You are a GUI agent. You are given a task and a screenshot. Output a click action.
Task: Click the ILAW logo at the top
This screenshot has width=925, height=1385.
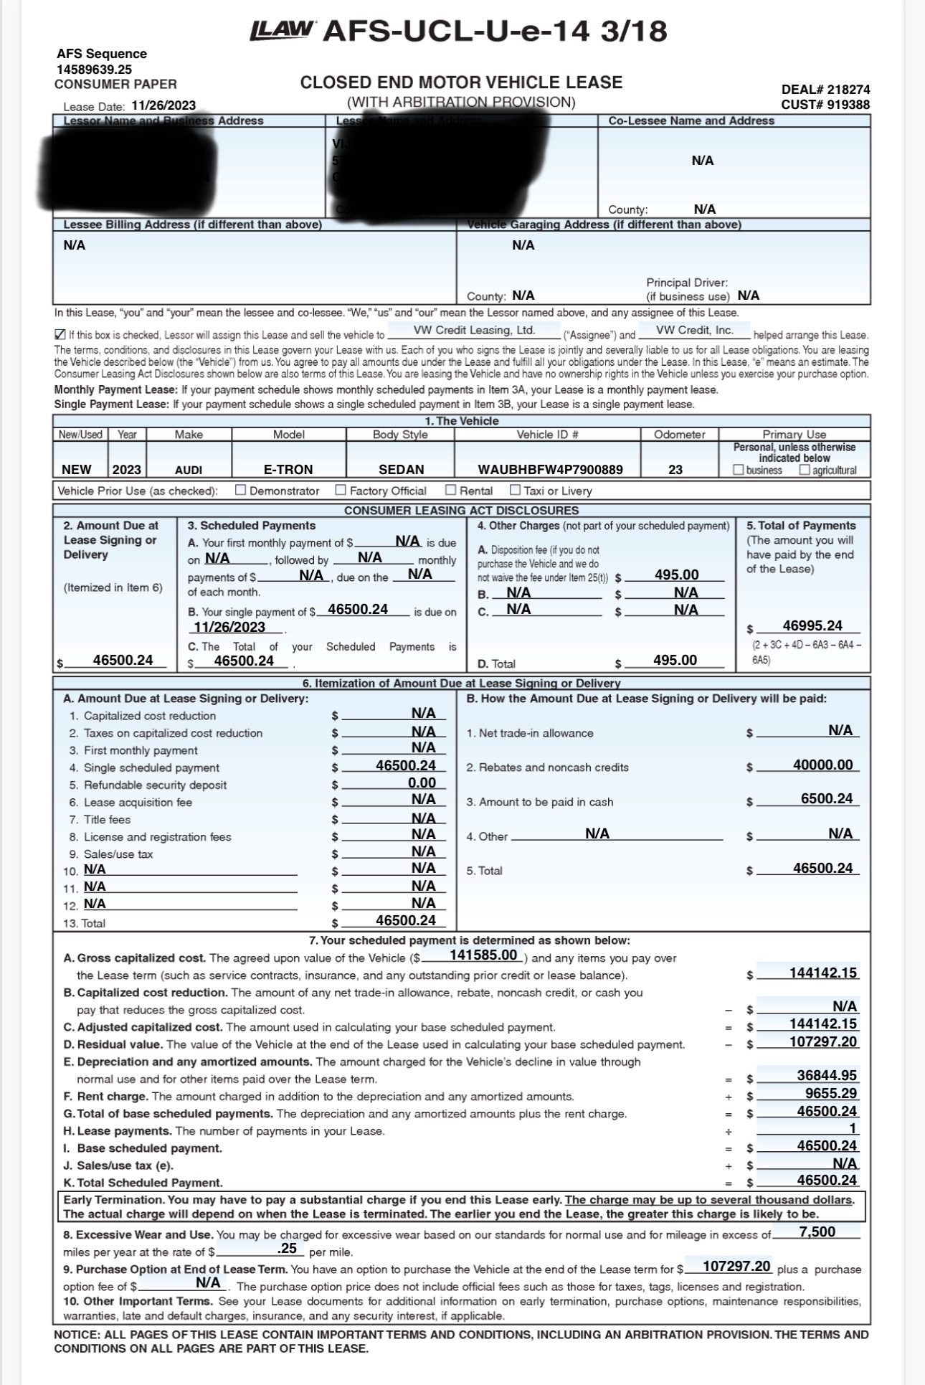coord(282,30)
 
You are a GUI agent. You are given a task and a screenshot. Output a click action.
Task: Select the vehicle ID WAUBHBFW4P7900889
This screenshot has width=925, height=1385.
coord(550,470)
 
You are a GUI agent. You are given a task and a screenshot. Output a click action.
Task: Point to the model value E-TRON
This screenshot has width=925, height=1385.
coord(288,470)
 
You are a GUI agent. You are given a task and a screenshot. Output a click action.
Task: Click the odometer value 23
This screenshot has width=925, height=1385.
coord(675,469)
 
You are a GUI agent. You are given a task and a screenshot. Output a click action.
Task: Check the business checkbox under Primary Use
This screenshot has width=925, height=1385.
coord(738,471)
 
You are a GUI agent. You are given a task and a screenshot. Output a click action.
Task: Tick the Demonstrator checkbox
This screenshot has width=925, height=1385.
coord(241,491)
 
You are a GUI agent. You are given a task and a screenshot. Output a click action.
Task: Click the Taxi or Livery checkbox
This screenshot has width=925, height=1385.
coord(515,491)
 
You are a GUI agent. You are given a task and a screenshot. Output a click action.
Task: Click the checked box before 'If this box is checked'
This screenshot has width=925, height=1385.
coord(60,335)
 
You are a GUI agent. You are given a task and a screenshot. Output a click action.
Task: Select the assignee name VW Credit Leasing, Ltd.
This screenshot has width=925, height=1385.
coord(474,331)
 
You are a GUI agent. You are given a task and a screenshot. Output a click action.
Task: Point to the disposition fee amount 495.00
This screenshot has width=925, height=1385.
coord(676,575)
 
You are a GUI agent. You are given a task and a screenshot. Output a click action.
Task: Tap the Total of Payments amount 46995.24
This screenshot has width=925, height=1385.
coord(812,626)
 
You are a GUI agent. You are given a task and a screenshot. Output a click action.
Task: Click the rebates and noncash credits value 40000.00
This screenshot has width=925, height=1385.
coord(822,765)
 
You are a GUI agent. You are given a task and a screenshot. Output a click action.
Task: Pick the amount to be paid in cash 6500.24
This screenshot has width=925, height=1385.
coord(827,800)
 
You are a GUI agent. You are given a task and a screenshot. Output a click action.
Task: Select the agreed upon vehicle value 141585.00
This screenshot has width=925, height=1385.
coord(483,955)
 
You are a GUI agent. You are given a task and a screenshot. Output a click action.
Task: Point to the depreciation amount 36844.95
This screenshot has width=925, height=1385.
coord(827,1076)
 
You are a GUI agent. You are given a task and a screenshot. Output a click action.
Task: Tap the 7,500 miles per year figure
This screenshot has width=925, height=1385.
coord(817,1232)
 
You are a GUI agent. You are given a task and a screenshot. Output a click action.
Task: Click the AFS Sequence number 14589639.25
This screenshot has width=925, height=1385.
coord(94,70)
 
